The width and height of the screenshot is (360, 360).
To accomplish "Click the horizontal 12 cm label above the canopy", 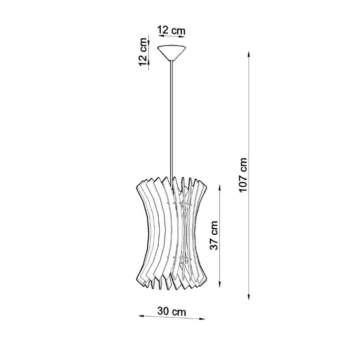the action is [x=171, y=30].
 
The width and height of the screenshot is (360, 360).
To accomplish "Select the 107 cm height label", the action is [x=243, y=175].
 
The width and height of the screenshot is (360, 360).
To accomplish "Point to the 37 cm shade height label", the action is [x=214, y=235].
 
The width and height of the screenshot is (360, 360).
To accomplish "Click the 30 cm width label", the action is [x=171, y=311].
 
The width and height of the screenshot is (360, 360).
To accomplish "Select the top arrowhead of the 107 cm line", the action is [x=249, y=55].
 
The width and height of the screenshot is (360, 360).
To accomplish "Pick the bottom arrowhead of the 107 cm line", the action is [x=249, y=297].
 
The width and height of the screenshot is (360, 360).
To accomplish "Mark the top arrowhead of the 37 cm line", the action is [x=220, y=188].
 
